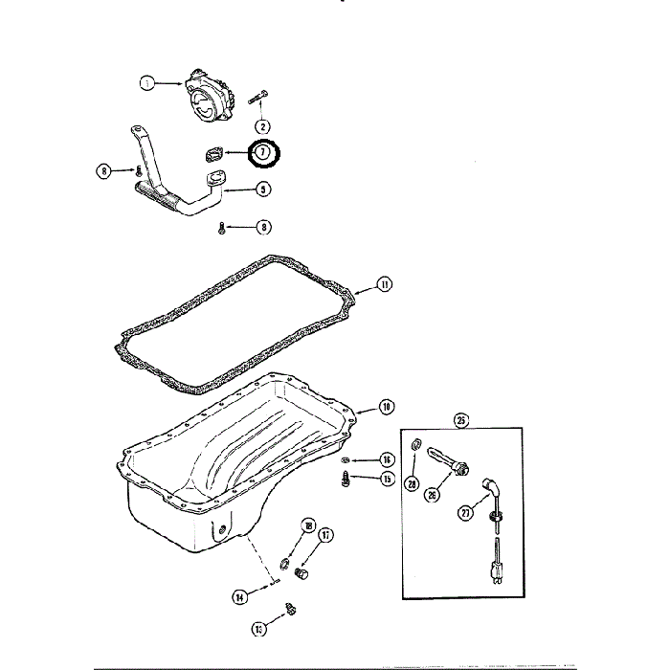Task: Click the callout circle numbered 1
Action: pos(147,83)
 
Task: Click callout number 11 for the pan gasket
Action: pos(384,284)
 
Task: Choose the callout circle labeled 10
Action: pos(385,407)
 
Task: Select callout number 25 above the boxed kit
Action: pos(461,419)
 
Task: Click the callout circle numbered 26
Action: pos(431,495)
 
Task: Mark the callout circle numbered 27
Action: pos(466,513)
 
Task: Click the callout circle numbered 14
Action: pos(238,596)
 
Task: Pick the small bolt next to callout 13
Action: pos(293,609)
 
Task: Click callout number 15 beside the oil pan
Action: pos(388,479)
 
